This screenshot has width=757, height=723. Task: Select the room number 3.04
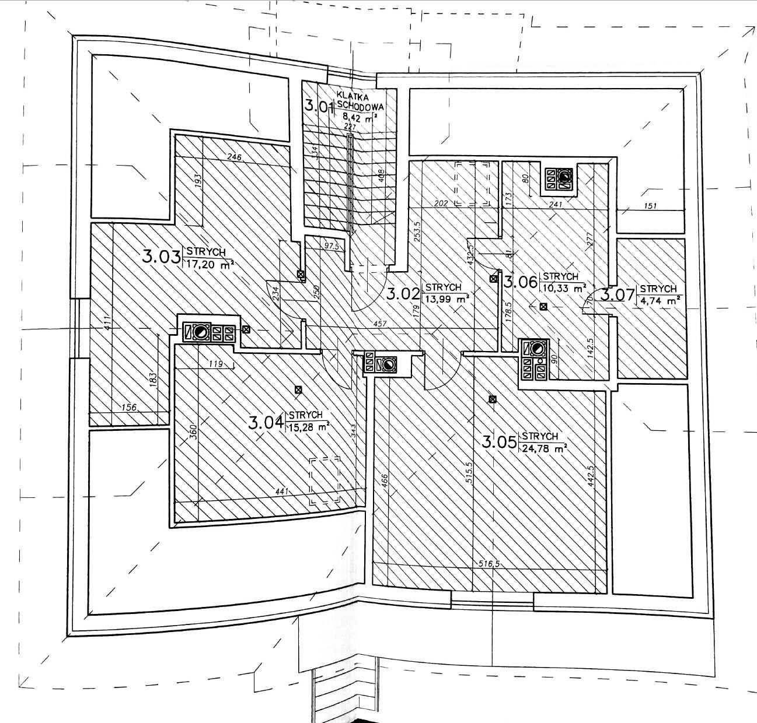[266, 422]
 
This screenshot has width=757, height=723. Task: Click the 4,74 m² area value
[659, 301]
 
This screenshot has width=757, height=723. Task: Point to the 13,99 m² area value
[446, 299]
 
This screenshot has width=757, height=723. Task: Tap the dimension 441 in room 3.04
[281, 492]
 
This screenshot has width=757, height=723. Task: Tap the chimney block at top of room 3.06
[559, 178]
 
